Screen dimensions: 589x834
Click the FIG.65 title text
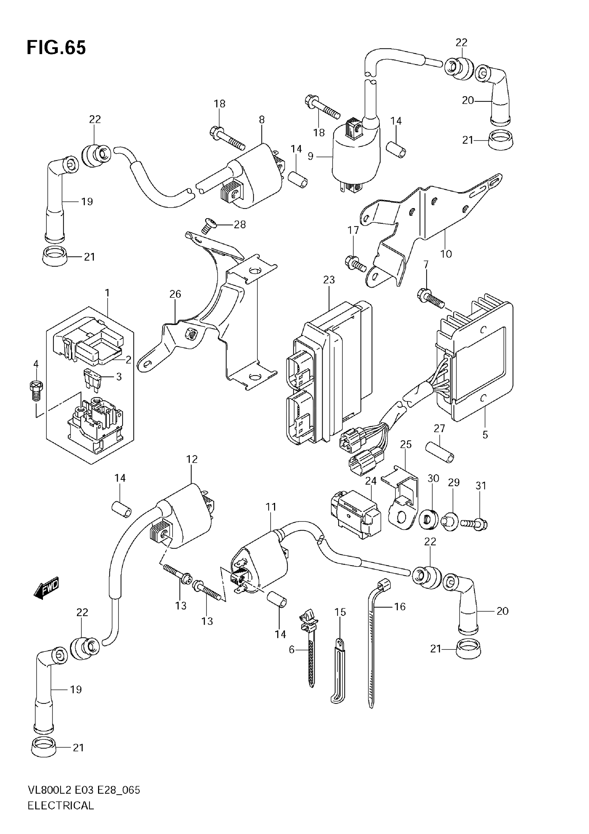56,47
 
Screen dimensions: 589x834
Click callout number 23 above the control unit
329,280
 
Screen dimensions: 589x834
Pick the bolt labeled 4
35,390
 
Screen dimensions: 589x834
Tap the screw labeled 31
474,524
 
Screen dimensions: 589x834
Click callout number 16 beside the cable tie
400,606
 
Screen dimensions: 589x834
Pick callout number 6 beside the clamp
292,649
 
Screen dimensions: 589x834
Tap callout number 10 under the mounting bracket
446,254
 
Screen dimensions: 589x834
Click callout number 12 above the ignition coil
192,459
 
